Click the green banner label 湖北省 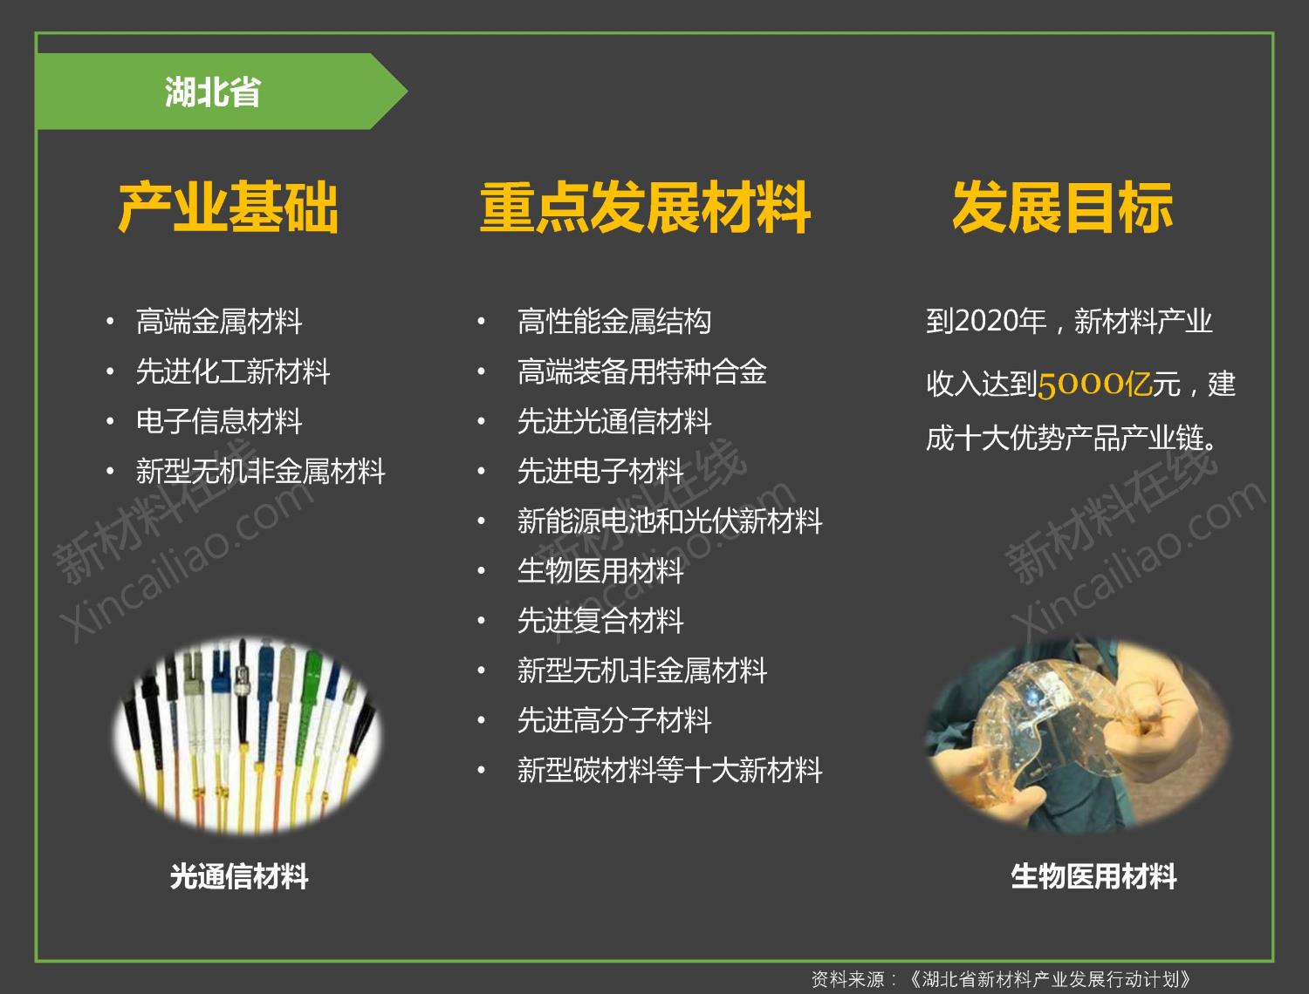[x=213, y=92]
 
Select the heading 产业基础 [x=229, y=207]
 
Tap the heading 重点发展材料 [x=645, y=207]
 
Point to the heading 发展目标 [x=1063, y=207]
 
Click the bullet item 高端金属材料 [x=219, y=322]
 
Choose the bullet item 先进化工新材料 [x=233, y=371]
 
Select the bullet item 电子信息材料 [x=219, y=422]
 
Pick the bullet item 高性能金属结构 [x=614, y=322]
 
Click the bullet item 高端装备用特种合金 [x=641, y=371]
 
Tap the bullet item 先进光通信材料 [x=614, y=422]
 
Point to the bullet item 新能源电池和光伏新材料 [x=669, y=521]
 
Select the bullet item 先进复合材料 [x=600, y=621]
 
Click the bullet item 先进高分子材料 [x=614, y=720]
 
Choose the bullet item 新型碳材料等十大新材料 [x=669, y=770]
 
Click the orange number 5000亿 [x=1095, y=385]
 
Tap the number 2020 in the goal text [x=986, y=322]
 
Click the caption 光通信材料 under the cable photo [x=238, y=876]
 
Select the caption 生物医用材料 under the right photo [x=1093, y=876]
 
